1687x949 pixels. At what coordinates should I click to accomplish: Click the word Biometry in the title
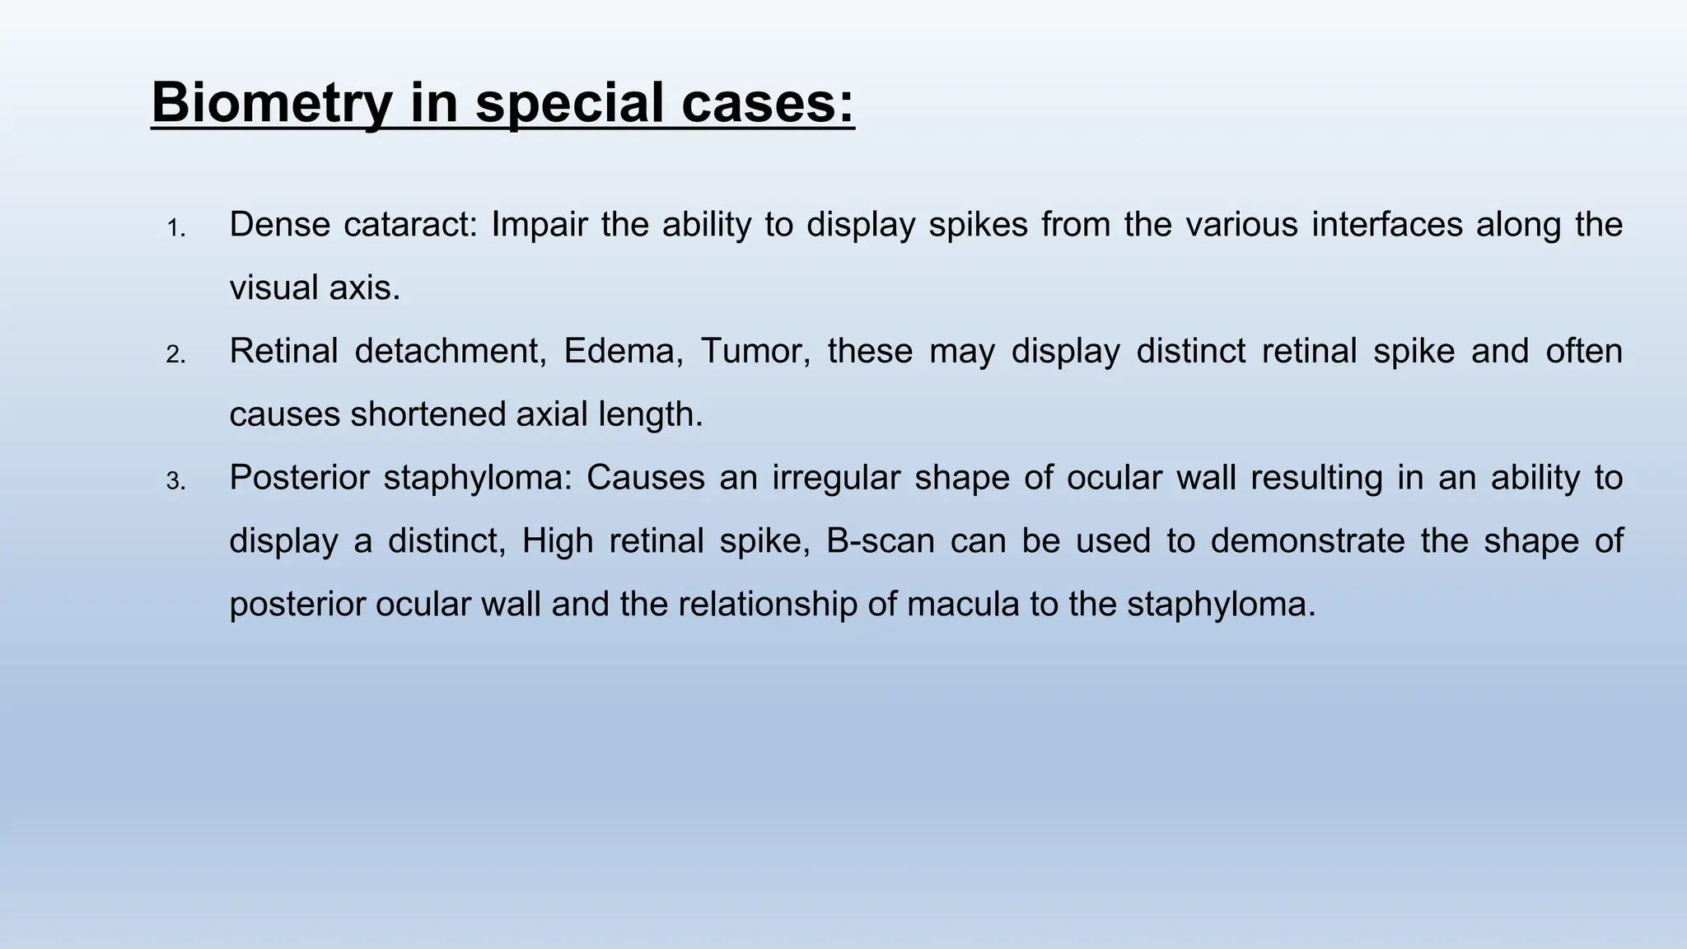(x=271, y=104)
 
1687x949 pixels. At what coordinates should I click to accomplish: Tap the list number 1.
(x=175, y=228)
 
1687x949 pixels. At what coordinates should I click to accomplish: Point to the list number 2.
(x=175, y=355)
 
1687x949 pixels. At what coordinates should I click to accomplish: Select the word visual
(x=273, y=288)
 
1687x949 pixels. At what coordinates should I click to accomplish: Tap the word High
(x=558, y=541)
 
